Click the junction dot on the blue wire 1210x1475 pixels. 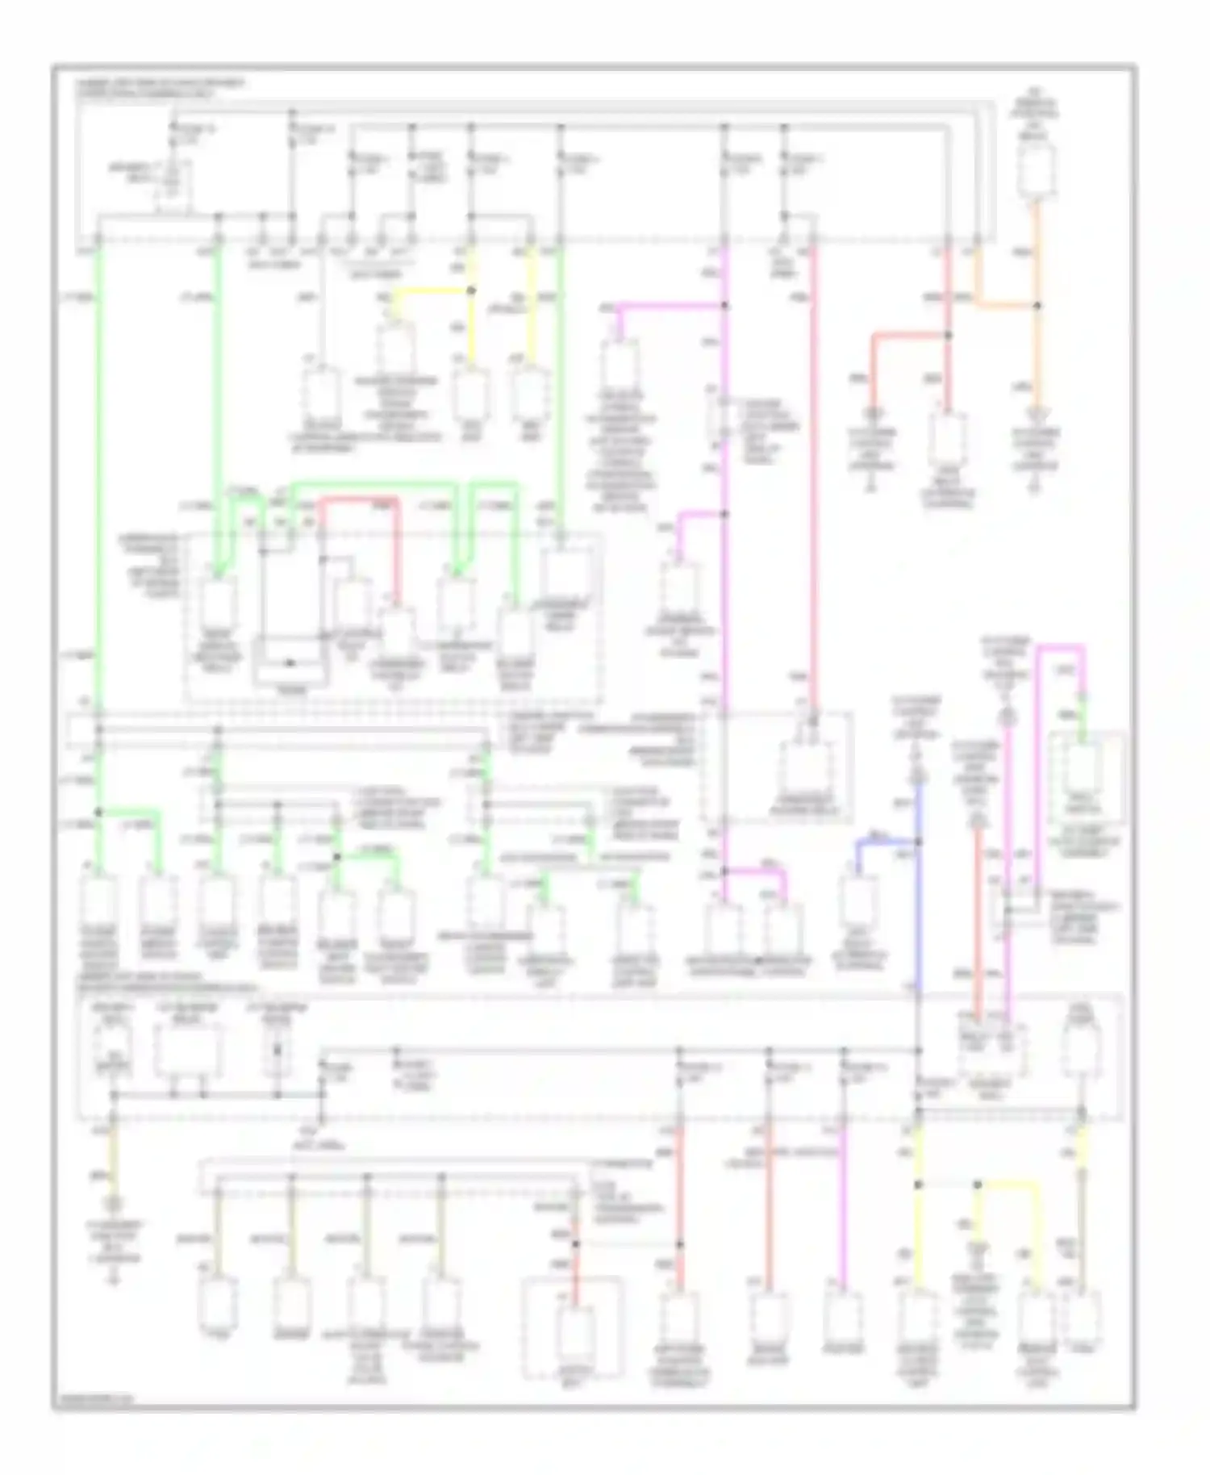[x=918, y=842]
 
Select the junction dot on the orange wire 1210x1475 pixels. [x=1037, y=306]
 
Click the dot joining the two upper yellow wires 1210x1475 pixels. [x=471, y=290]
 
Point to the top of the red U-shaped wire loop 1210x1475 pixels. [x=360, y=499]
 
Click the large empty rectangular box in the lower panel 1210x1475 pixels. [x=189, y=1051]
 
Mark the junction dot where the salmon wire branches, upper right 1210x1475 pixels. [x=948, y=334]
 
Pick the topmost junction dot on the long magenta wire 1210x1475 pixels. [x=724, y=306]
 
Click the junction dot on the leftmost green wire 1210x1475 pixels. [x=98, y=812]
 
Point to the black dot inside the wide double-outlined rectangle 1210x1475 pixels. [x=290, y=663]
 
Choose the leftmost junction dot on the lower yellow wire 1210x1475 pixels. [x=918, y=1185]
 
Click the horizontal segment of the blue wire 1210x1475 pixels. [x=887, y=842]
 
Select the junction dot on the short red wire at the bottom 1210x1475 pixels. [x=576, y=1243]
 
